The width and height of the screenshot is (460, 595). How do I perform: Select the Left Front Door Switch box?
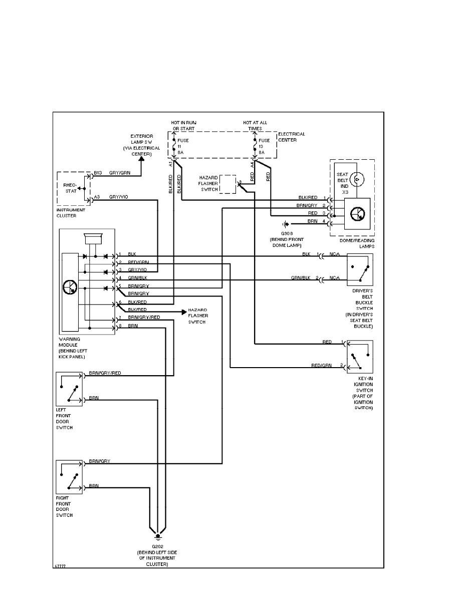coord(70,389)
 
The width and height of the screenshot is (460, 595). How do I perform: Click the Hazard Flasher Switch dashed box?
coord(228,184)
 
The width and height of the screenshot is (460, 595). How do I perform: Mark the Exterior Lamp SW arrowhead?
coord(141,159)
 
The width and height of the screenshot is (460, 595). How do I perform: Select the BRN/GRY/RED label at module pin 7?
coord(144,318)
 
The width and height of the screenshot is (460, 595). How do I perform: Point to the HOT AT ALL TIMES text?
coord(255,125)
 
